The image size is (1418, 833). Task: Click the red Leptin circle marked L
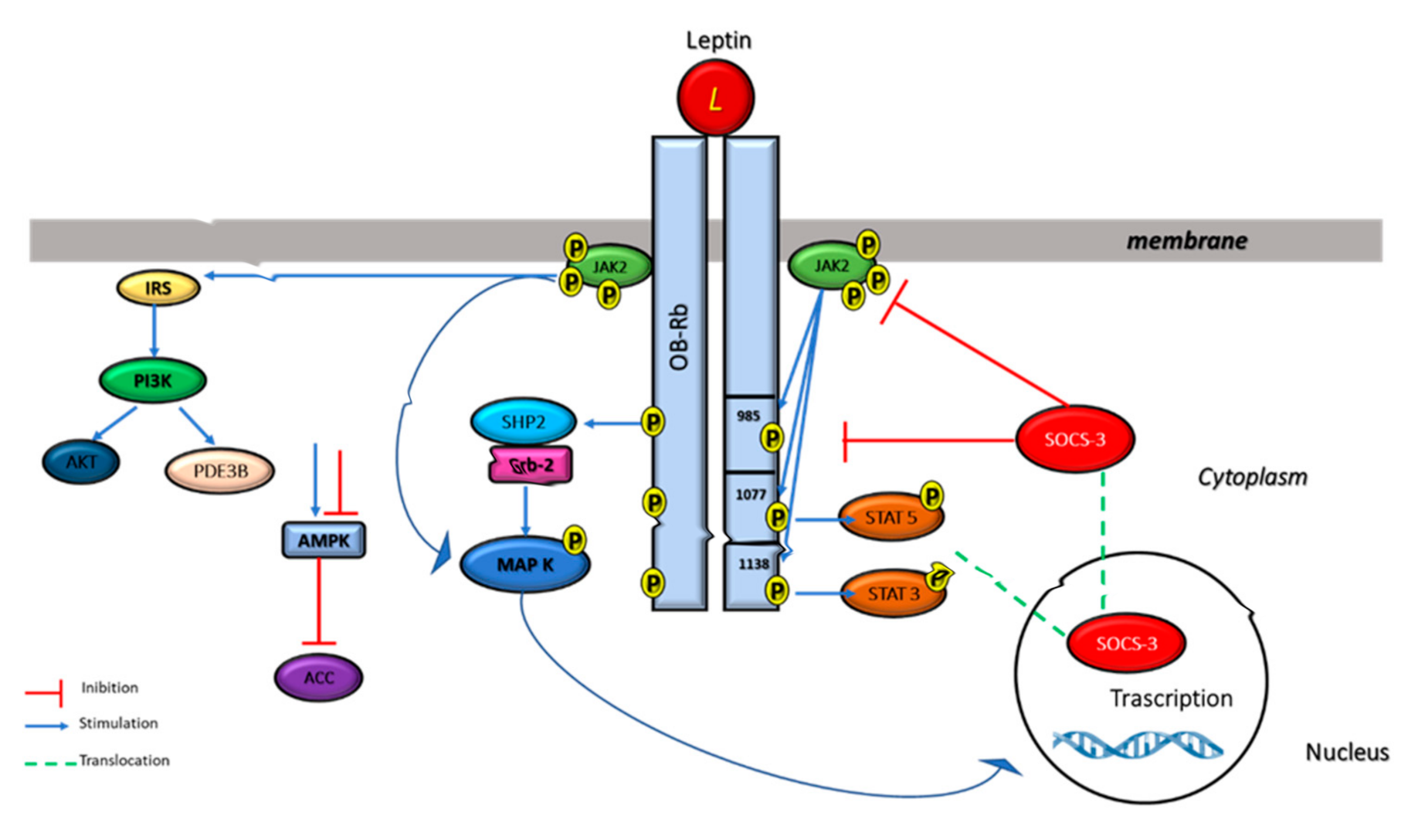[x=715, y=98]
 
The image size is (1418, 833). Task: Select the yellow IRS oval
[x=158, y=288]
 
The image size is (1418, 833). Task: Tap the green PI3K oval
[x=153, y=380]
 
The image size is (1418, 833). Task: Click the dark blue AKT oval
[x=81, y=462]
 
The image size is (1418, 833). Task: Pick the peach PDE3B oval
[x=220, y=471]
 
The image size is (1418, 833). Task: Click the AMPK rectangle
[x=324, y=540]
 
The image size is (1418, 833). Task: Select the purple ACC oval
[x=318, y=678]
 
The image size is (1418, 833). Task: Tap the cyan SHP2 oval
[x=523, y=422]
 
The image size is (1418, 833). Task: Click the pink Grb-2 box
[x=531, y=465]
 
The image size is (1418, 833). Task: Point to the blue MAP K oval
[x=524, y=565]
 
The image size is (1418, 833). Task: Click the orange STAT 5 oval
[x=890, y=517]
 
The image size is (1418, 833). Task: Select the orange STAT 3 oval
[x=893, y=593]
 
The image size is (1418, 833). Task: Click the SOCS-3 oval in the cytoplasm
[x=1074, y=439]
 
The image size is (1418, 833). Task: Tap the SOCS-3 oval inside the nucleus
[x=1125, y=643]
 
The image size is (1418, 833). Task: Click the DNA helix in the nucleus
[x=1138, y=745]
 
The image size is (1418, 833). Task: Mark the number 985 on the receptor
[x=748, y=416]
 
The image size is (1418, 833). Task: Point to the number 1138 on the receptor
[x=753, y=564]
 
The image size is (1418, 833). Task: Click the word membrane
[x=1186, y=241]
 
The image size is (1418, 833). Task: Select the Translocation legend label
[x=124, y=760]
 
